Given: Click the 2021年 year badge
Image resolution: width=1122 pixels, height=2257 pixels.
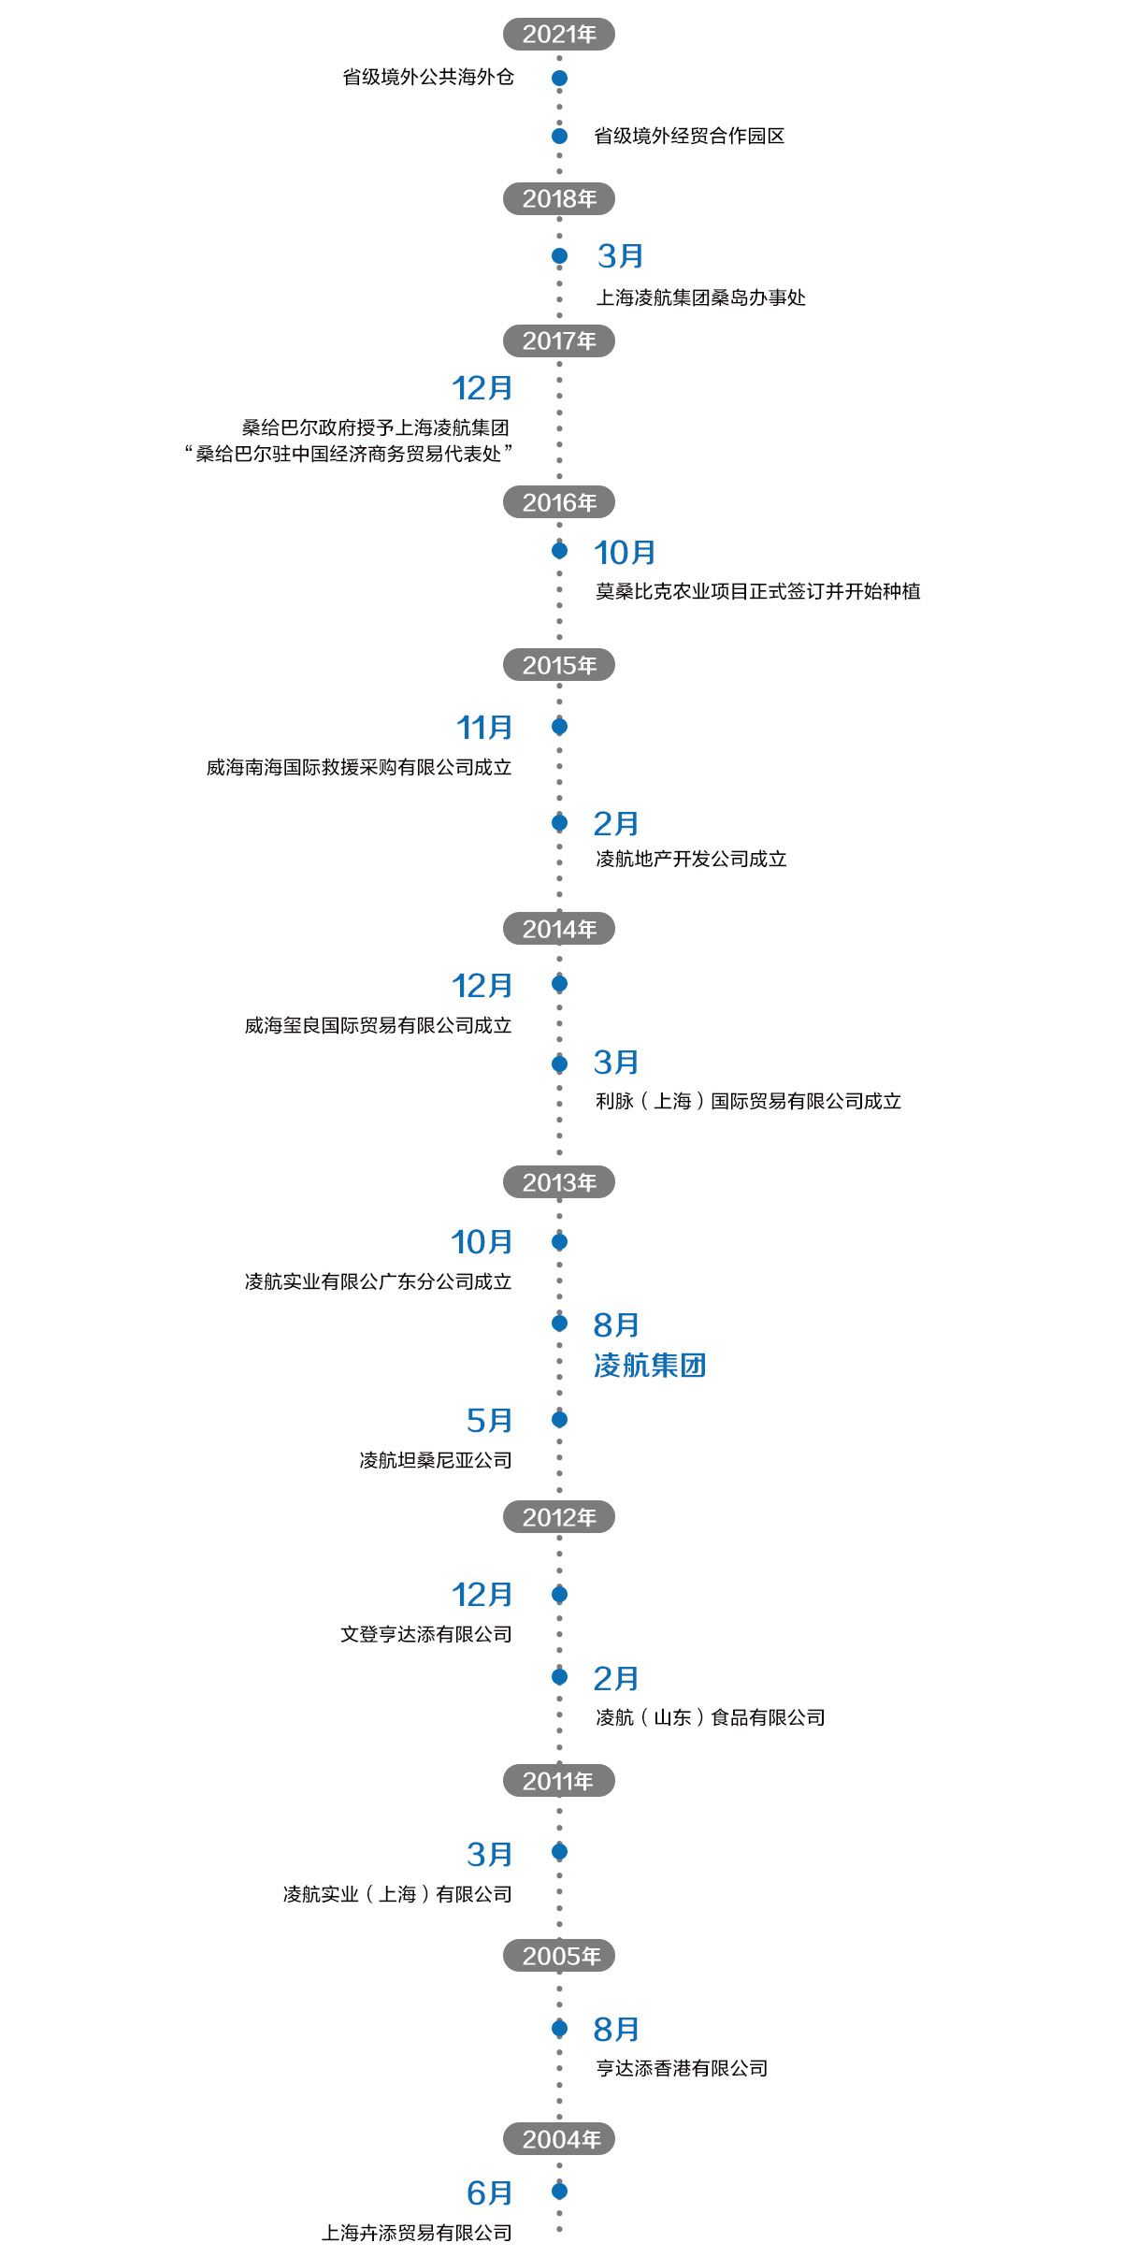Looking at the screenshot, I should coord(559,35).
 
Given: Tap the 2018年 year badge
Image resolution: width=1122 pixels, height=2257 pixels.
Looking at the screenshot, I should coord(559,199).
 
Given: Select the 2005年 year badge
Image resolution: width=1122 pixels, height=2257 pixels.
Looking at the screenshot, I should coord(559,1956).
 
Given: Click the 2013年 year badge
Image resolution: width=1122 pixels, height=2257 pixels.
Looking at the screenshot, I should coord(559,1182).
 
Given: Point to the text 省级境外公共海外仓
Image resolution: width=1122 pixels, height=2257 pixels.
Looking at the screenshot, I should coord(428,77).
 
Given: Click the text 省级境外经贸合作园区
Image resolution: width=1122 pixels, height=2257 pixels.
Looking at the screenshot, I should coord(689,137).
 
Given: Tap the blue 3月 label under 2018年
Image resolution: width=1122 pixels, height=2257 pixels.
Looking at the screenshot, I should coord(620,256).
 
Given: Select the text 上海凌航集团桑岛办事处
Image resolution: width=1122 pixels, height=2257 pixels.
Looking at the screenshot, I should coord(700,298).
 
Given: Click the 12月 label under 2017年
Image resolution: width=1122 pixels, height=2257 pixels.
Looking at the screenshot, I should coord(482,388).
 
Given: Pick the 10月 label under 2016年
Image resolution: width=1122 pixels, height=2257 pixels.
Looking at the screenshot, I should coord(625,553).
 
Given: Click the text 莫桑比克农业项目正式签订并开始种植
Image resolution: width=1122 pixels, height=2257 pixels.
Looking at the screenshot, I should coord(757,591).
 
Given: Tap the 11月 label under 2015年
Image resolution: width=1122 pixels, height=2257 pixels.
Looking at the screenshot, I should coord(484,728).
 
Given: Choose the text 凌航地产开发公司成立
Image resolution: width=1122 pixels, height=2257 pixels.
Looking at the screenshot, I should coord(691,860).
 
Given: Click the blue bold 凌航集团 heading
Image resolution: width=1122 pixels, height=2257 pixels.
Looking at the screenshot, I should coord(650,1366).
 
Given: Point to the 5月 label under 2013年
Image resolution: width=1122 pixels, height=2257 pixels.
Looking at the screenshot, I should coord(489,1421).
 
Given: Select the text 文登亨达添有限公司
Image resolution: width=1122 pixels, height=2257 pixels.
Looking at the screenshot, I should coord(425,1634).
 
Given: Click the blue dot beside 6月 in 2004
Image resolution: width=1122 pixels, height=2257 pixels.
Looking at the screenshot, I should coord(559,2191).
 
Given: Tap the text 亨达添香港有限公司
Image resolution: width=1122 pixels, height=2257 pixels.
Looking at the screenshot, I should coord(682,2068).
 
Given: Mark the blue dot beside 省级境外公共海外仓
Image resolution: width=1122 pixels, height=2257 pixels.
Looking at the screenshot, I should coord(559,78).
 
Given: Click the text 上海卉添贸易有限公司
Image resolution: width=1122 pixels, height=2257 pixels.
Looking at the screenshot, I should coord(416,2233).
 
